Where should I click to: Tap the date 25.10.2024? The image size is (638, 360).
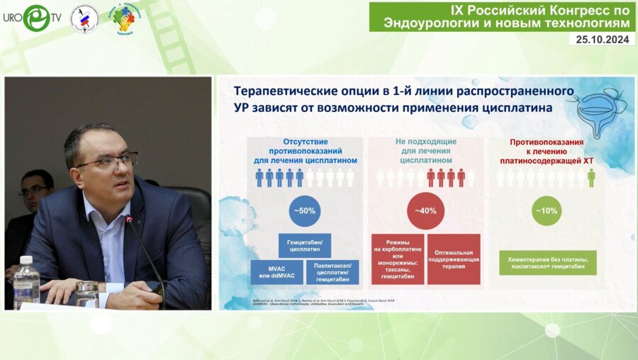pos(601,40)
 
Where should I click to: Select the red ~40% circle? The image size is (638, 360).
pos(425,210)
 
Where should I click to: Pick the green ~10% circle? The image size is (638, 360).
pos(547,210)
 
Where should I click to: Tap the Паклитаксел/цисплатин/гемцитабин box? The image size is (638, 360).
pos(332,273)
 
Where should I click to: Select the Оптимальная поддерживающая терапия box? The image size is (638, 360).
pos(454,259)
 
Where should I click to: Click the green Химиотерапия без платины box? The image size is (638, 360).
pos(547,262)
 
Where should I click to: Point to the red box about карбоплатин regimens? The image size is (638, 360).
pos(398,259)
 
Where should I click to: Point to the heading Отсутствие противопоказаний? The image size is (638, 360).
pos(306,150)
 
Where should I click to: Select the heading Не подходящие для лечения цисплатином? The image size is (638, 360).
pos(425,150)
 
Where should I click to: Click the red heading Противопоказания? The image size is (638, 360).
pos(547,151)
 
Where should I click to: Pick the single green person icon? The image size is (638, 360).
pos(591,178)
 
